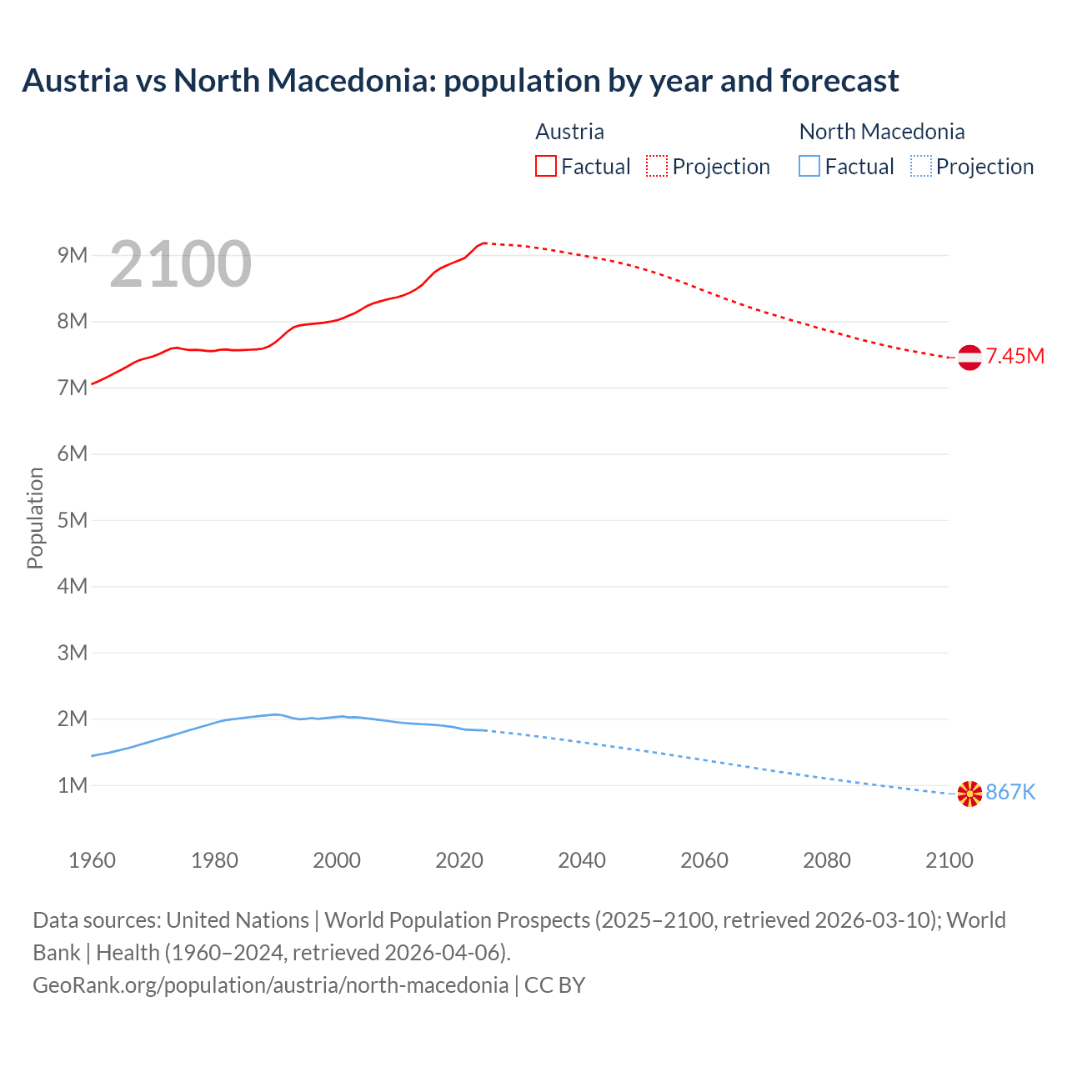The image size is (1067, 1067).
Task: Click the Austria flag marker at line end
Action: pyautogui.click(x=969, y=358)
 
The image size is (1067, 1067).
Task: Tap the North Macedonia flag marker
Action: pyautogui.click(x=969, y=794)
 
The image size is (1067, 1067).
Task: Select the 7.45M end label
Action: pyautogui.click(x=1015, y=357)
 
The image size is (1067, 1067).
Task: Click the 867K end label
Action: pyautogui.click(x=1010, y=793)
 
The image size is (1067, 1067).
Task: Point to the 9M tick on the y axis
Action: pyautogui.click(x=73, y=255)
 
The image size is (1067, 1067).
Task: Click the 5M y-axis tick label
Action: pyautogui.click(x=73, y=520)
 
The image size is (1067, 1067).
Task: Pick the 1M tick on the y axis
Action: pyautogui.click(x=73, y=785)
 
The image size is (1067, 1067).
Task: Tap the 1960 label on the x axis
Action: pyautogui.click(x=92, y=860)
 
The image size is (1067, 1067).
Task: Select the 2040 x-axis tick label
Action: pyautogui.click(x=582, y=860)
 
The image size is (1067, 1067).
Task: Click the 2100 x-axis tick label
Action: pyautogui.click(x=949, y=860)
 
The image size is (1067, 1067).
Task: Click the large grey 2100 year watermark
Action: pyautogui.click(x=180, y=264)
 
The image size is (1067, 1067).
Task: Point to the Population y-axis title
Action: pyautogui.click(x=35, y=518)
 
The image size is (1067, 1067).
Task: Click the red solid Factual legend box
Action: pyautogui.click(x=546, y=166)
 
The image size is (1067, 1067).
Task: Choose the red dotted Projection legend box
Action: pyautogui.click(x=657, y=166)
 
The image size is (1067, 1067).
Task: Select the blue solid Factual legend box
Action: pyautogui.click(x=809, y=166)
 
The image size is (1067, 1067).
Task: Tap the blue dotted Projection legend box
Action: pyautogui.click(x=920, y=166)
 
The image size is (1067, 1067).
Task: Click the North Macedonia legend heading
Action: pyautogui.click(x=881, y=132)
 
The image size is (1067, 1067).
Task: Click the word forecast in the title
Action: pyautogui.click(x=839, y=81)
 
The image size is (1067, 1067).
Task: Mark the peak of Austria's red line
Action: pyautogui.click(x=484, y=243)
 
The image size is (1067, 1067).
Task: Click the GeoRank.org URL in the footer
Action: pyautogui.click(x=270, y=985)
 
